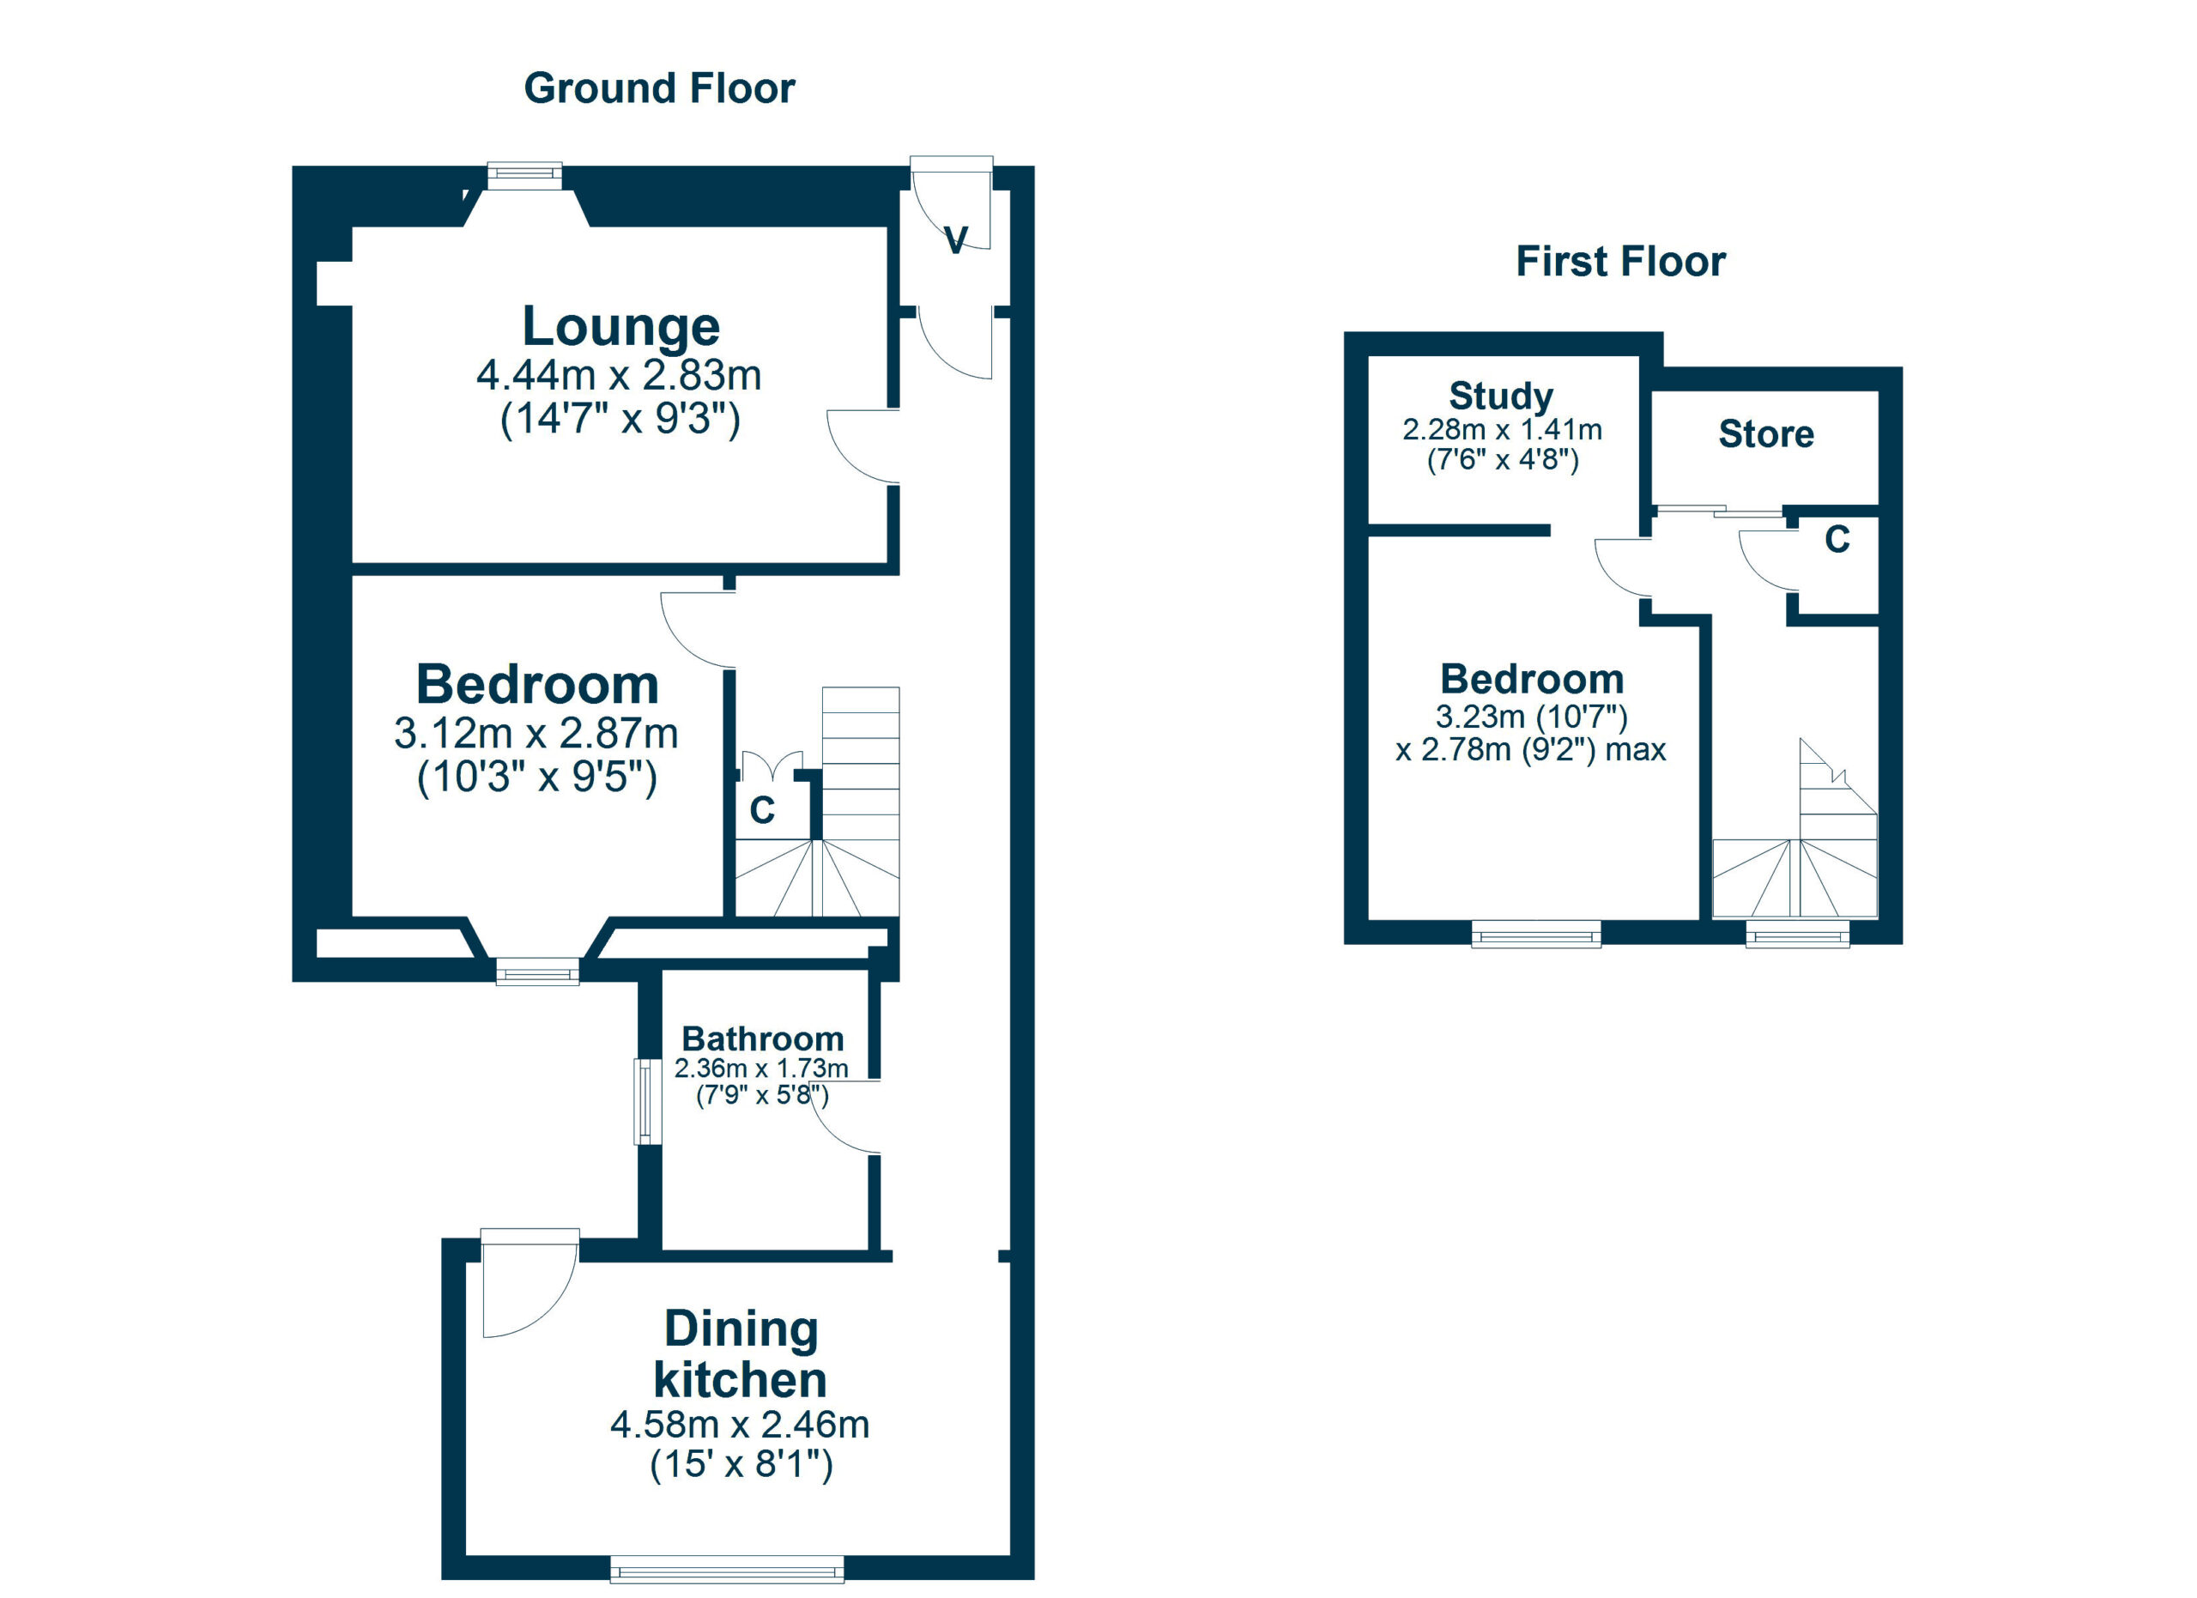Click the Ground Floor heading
[659, 88]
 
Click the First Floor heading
[1619, 262]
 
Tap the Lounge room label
[621, 326]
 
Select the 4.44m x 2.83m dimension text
[619, 376]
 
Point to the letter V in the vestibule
[955, 240]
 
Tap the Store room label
[1765, 434]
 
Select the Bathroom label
[762, 1038]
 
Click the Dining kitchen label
[741, 1354]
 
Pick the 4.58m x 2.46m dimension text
[739, 1425]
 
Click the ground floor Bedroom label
[536, 685]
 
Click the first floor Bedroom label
[1532, 679]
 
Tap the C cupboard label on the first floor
[1837, 540]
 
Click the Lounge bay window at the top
[524, 175]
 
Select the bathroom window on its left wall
[642, 1102]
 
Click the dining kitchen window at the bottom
[727, 1569]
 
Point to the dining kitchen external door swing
[524, 1286]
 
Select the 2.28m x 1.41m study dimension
[1502, 430]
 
